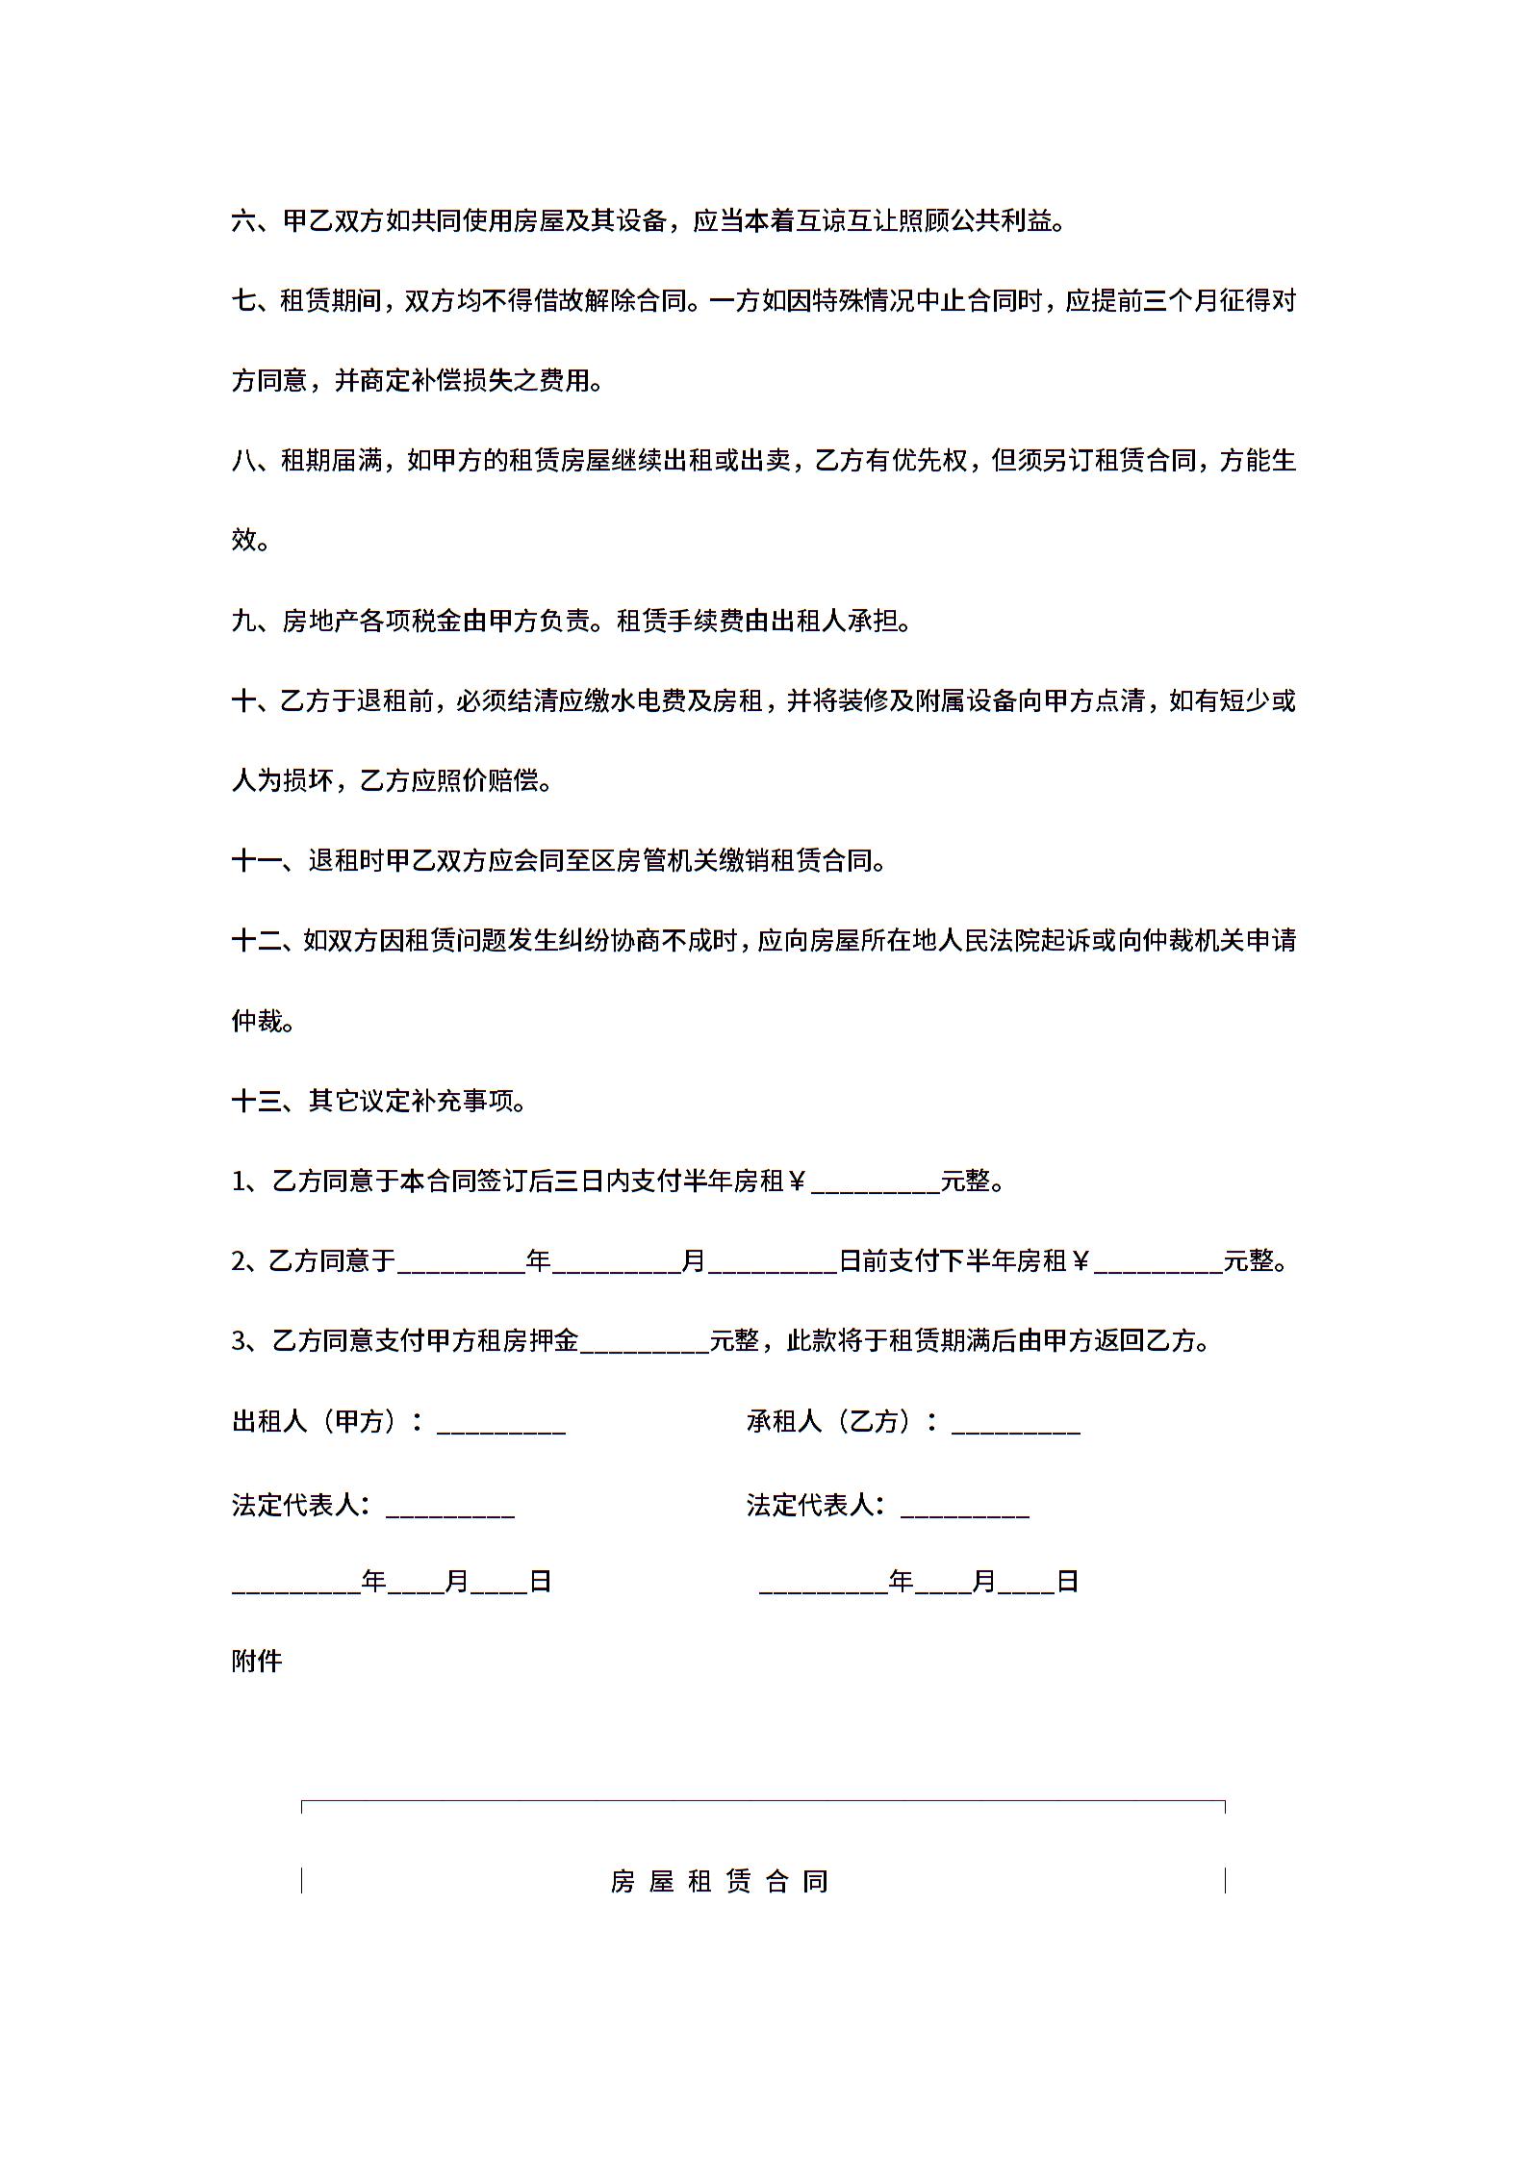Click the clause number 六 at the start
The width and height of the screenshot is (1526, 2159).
(243, 222)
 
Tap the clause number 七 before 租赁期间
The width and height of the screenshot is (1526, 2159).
(243, 302)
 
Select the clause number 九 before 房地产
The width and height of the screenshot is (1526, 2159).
(243, 622)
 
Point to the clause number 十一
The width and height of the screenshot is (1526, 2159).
(257, 861)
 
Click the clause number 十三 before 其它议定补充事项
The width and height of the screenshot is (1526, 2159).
(257, 1101)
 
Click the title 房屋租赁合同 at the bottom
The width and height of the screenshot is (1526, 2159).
(719, 1881)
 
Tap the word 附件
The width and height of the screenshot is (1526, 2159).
(257, 1661)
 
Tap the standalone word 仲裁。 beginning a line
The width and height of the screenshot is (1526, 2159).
(262, 1021)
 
